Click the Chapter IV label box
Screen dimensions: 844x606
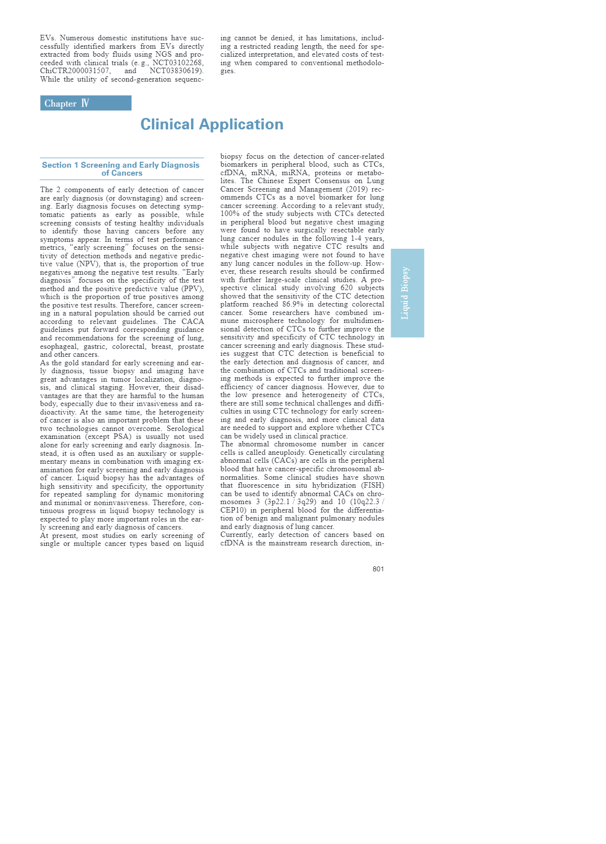(x=86, y=103)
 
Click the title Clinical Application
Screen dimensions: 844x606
(x=212, y=124)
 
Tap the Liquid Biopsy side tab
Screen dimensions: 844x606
(x=407, y=293)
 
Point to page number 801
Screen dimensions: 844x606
(x=378, y=569)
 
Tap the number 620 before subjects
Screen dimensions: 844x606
(x=347, y=288)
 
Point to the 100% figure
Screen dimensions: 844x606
(x=229, y=214)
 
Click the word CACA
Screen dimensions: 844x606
(x=193, y=321)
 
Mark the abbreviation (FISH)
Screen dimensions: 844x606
(x=373, y=485)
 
